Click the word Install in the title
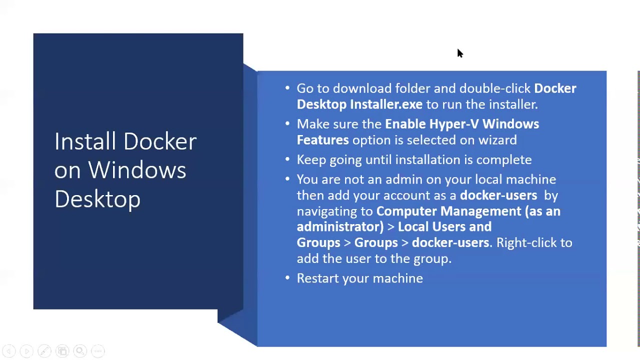pos(85,141)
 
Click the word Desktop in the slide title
pos(97,199)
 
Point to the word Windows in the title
pos(137,170)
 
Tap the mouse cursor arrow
pos(459,53)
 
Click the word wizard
pos(497,140)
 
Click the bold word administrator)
pos(340,227)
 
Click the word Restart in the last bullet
pos(317,278)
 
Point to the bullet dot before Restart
pos(287,278)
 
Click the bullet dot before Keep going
pos(287,159)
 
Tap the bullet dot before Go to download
pos(287,88)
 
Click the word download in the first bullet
pos(362,88)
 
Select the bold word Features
pos(322,140)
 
